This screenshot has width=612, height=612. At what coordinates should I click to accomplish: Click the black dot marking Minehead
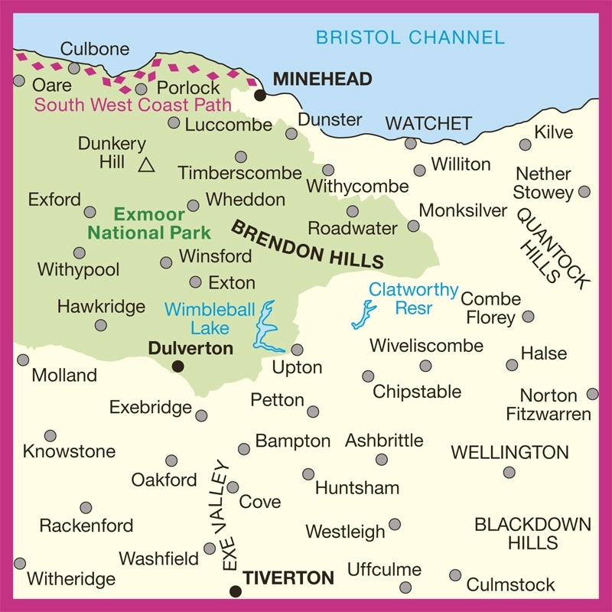260,96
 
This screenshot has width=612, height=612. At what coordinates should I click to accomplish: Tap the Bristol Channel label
410,37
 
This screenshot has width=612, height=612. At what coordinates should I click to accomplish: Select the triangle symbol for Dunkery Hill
147,164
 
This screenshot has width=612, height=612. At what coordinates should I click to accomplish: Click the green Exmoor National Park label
148,223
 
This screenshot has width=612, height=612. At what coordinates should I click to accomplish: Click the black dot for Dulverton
177,367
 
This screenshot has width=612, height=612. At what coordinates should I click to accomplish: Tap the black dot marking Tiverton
236,591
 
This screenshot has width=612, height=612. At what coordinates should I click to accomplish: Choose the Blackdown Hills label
532,534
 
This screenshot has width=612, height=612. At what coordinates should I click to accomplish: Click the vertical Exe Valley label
223,515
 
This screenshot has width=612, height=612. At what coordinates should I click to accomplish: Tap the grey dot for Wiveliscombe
425,366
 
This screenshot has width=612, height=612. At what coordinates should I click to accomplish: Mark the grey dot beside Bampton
244,449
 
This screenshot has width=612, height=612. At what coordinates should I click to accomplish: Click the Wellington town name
509,452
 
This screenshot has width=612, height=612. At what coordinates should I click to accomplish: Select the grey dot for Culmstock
455,575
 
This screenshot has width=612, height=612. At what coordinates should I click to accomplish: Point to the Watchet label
428,123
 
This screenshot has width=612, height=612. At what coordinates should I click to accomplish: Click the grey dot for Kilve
525,145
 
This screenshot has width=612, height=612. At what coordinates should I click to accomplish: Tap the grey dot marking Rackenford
86,508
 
